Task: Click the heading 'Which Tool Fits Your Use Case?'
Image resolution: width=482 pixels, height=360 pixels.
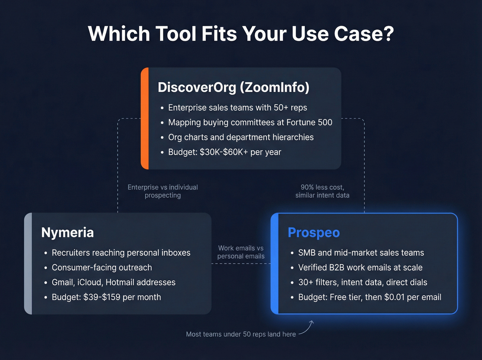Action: click(241, 34)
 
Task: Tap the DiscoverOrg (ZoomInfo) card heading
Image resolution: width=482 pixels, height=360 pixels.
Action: click(233, 87)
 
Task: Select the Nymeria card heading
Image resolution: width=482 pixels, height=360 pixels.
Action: click(67, 233)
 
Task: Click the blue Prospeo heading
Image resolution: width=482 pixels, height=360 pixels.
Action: click(314, 233)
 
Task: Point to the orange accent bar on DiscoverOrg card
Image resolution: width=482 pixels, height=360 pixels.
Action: click(145, 119)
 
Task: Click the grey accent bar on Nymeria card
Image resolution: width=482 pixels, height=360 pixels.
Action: click(28, 264)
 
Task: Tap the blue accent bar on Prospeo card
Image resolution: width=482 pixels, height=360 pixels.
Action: click(275, 264)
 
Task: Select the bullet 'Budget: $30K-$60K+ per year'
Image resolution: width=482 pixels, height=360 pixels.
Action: click(224, 152)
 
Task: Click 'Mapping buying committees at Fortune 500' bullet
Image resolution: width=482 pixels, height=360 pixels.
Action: click(250, 122)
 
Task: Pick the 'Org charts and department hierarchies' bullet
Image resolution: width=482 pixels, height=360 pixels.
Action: click(241, 137)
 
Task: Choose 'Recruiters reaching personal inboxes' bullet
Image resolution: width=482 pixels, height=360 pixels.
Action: click(121, 253)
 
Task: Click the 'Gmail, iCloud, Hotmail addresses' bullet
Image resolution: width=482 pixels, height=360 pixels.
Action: click(113, 282)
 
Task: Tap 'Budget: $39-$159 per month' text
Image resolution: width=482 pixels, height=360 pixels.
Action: click(106, 297)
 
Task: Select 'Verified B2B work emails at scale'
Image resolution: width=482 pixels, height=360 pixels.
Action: click(360, 267)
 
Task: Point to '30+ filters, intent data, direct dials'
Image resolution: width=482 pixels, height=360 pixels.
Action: click(363, 282)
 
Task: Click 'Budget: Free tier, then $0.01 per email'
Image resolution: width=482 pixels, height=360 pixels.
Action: click(369, 297)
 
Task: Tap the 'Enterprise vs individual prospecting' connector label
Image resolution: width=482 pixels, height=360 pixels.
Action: click(163, 191)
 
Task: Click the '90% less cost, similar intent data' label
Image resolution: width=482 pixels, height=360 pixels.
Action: click(322, 191)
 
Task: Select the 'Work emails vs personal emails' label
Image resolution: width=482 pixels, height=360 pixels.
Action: click(241, 252)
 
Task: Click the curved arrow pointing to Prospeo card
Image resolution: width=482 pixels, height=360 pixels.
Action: click(307, 328)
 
